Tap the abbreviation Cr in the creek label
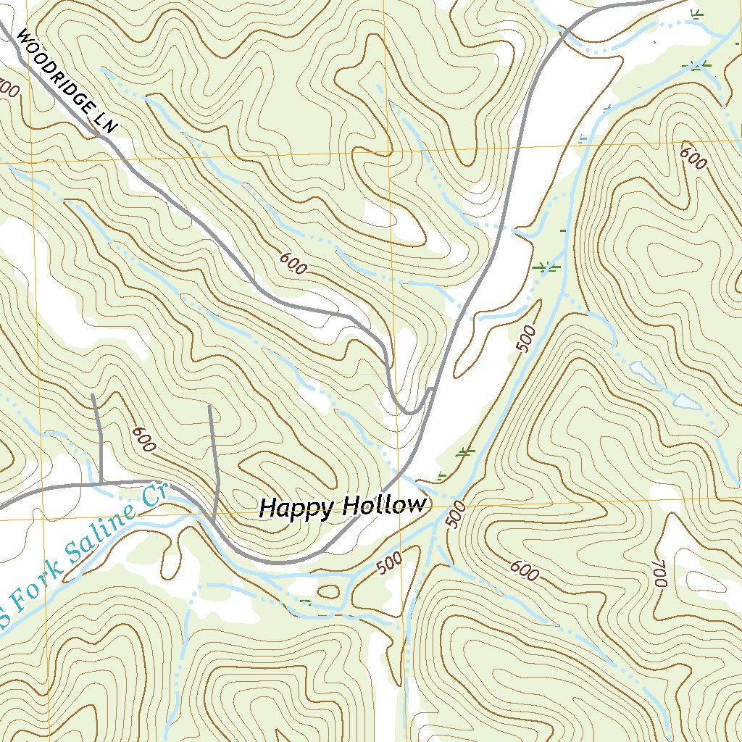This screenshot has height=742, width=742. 150,496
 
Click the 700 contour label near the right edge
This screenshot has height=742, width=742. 658,572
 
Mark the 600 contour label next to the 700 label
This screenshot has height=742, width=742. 524,572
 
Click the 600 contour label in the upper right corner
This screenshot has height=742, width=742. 692,158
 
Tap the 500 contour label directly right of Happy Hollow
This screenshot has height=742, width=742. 455,514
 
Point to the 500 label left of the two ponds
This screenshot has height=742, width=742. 528,338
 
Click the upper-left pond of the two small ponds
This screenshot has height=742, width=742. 642,372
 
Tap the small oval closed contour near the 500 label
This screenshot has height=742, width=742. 328,591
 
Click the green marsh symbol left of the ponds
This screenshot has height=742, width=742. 546,267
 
